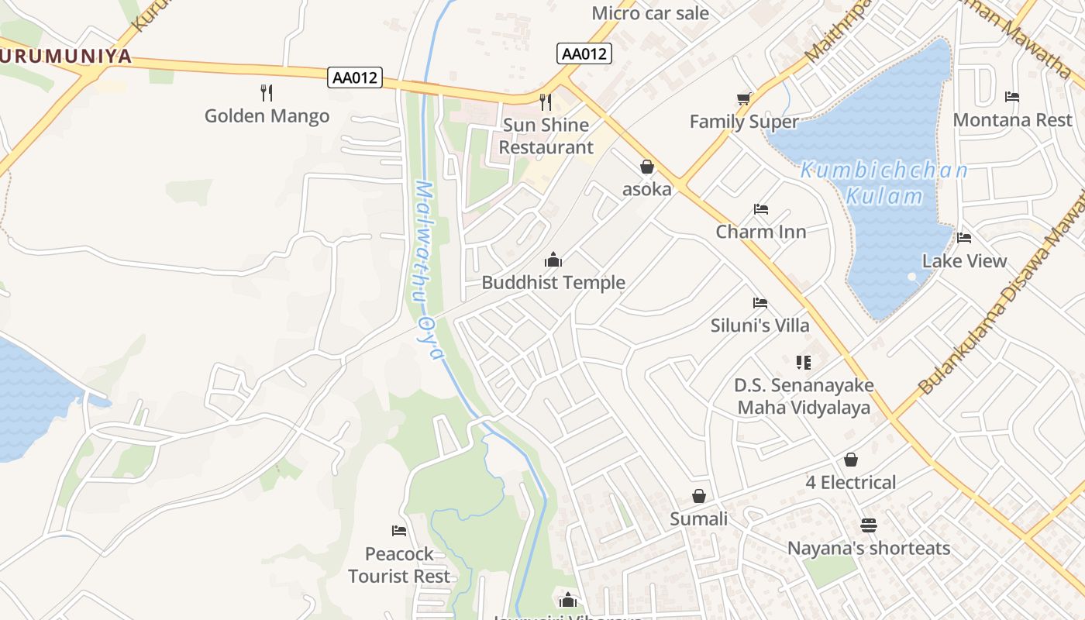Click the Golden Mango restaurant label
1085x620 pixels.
267,116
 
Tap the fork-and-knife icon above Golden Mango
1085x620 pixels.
267,93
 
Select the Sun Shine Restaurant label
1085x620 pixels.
546,136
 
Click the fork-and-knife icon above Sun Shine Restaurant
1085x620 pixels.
546,102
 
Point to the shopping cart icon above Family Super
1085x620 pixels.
744,98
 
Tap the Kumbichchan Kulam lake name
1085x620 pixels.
883,183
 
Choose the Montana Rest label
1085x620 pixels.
1012,120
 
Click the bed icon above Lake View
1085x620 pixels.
964,238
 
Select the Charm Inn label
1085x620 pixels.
760,232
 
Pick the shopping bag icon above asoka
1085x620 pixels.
646,167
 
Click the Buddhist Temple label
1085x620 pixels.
553,283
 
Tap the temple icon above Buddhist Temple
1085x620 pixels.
553,260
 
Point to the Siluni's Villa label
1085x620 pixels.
759,325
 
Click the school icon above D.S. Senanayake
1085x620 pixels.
803,362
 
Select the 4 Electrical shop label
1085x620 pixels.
850,483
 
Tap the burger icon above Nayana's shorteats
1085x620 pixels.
868,525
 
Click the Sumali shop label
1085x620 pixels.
698,519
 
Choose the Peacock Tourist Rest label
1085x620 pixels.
399,565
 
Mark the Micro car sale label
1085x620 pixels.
649,13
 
